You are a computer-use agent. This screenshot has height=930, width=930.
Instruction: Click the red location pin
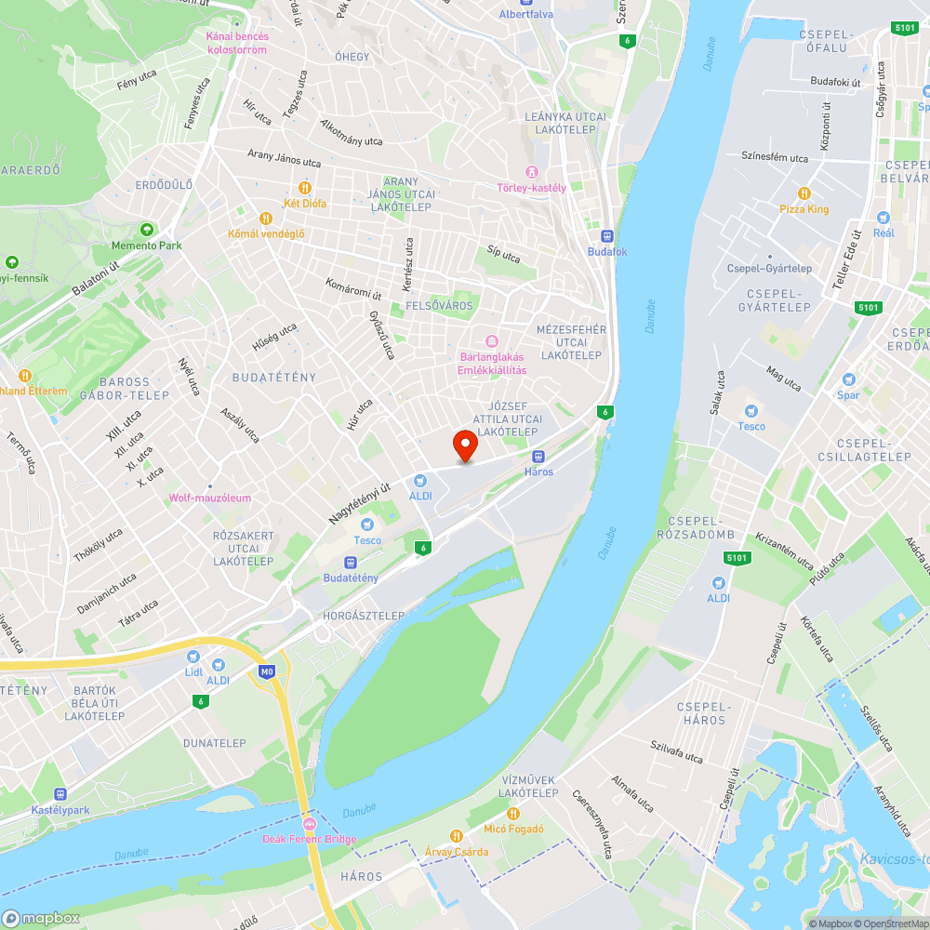465,445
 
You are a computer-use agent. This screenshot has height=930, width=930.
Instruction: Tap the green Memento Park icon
146,229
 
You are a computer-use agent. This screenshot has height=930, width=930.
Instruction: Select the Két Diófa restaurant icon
304,188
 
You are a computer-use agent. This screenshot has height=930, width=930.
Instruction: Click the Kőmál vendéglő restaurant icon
266,218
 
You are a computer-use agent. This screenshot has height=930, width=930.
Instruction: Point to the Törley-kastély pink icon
532,172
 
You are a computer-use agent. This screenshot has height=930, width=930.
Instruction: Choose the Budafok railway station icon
607,236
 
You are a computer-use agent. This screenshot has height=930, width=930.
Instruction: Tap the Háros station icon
538,457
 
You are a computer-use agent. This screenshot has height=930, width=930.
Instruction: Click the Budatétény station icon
351,563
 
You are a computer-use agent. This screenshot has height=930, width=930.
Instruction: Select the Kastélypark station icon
60,794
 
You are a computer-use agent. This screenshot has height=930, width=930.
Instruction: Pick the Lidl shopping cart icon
193,655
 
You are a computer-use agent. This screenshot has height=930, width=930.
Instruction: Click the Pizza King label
804,209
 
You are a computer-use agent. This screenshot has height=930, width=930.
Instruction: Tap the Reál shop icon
883,217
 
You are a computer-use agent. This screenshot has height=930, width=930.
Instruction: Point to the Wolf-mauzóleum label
209,498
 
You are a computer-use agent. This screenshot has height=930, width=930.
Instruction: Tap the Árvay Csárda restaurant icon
456,835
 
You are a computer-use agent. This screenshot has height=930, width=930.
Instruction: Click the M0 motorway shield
268,671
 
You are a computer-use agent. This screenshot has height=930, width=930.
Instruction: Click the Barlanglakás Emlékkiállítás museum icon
493,340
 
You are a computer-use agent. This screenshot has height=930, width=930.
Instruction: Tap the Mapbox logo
41,918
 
